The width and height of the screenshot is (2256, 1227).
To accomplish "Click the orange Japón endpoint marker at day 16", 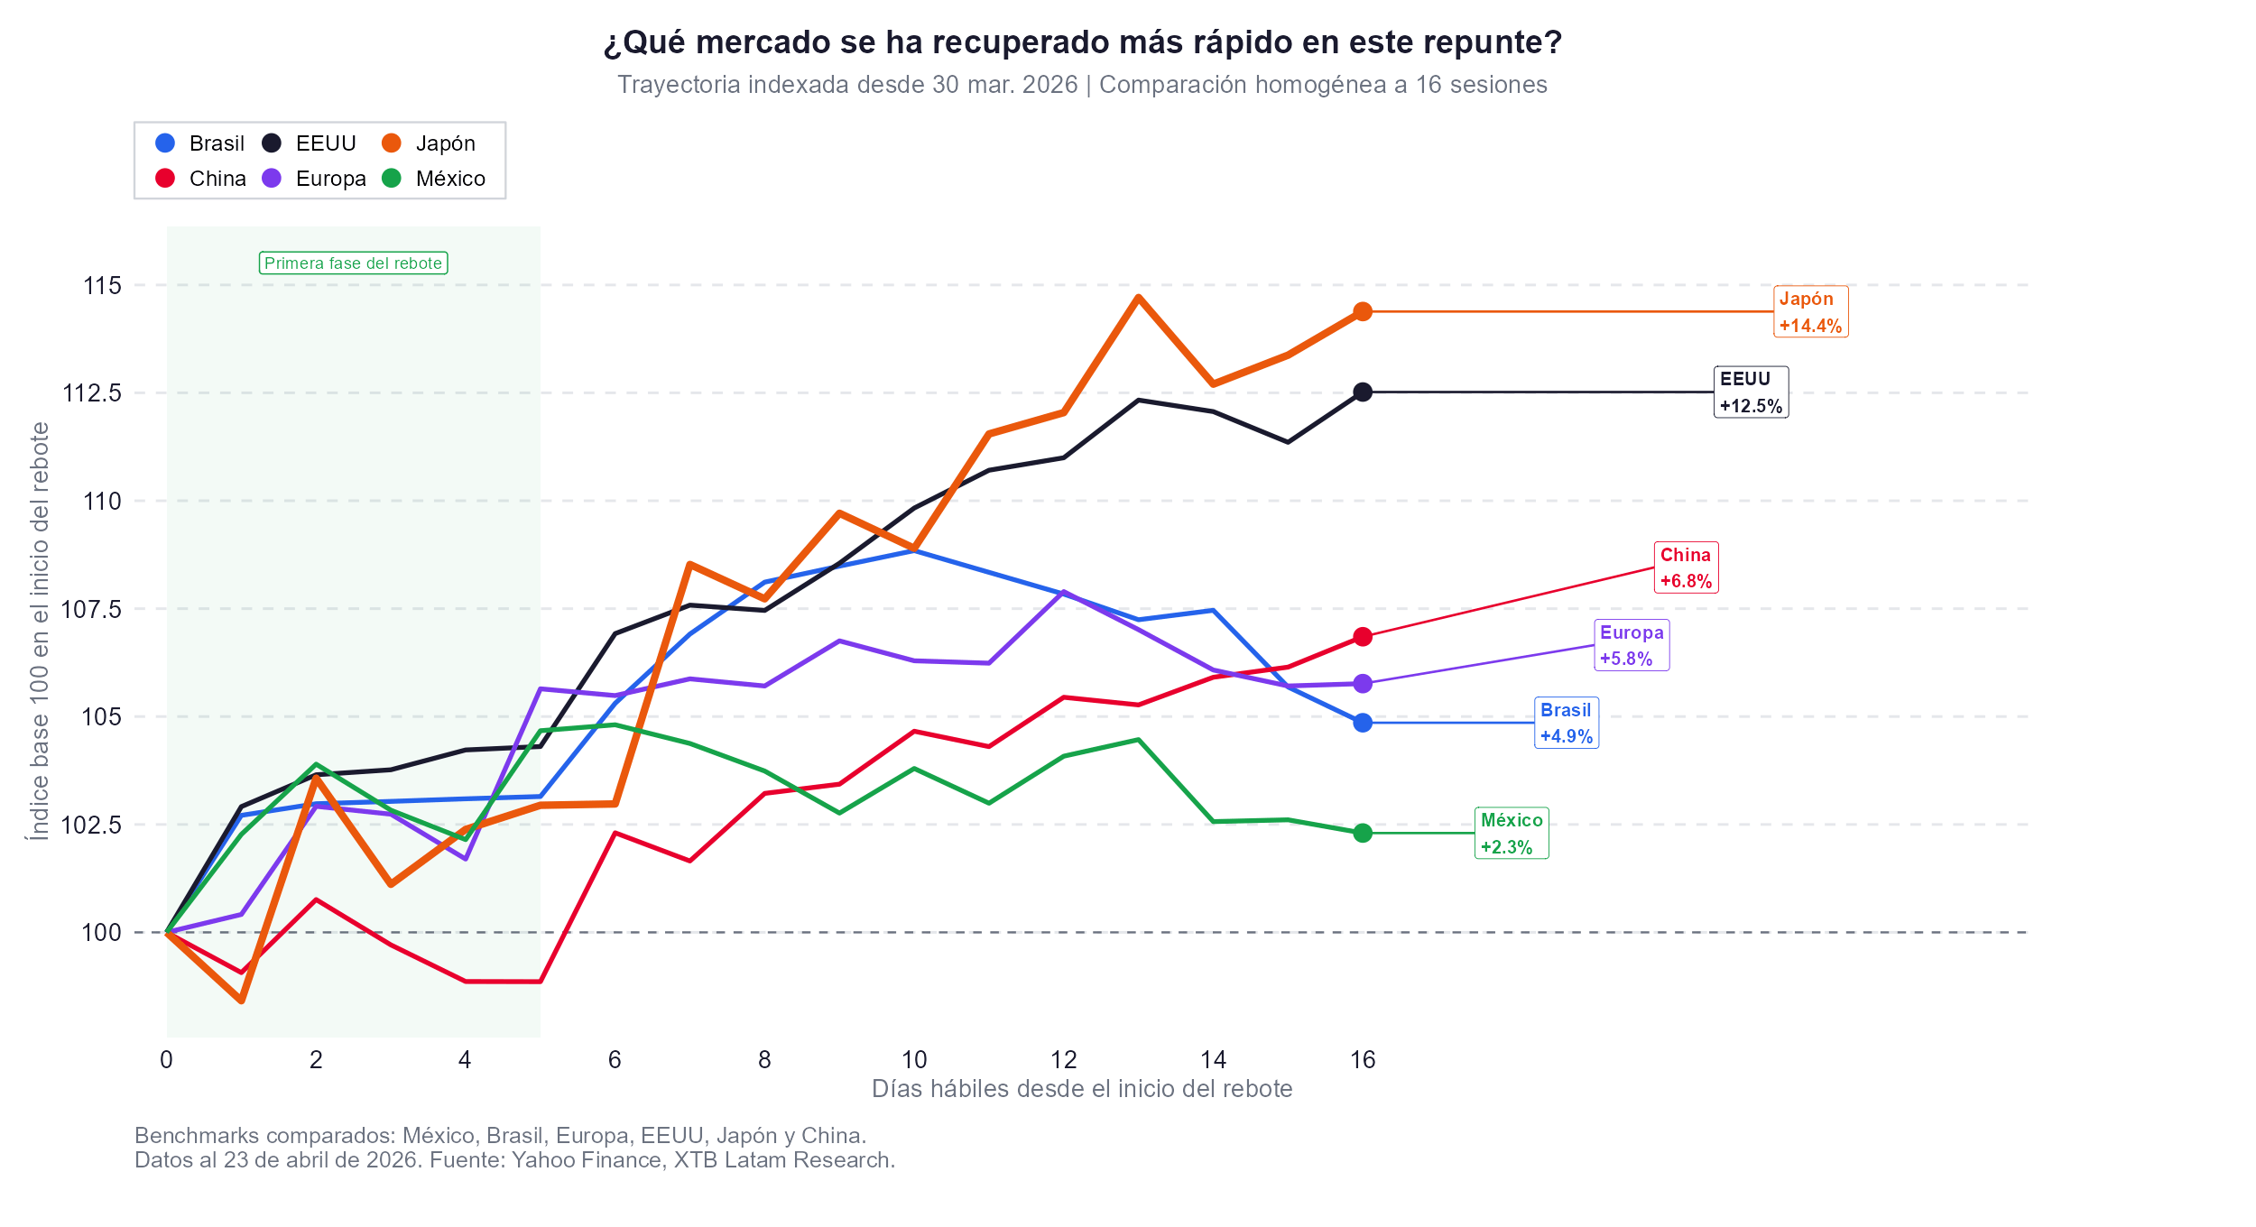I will point(1363,311).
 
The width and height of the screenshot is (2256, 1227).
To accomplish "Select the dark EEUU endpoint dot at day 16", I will point(1363,392).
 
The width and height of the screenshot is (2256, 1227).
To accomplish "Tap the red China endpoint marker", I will point(1363,637).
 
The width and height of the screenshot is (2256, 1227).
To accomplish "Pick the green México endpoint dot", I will point(1363,833).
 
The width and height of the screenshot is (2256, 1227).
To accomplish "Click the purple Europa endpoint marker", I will point(1363,684).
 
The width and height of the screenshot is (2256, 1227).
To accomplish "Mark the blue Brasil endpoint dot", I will point(1363,723).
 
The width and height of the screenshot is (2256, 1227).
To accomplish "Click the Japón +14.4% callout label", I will point(1810,311).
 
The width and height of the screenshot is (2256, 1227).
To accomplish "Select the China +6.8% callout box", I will point(1686,567).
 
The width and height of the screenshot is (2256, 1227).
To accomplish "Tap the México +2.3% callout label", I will point(1512,833).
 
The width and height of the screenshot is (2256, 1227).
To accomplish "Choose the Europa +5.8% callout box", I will point(1632,645).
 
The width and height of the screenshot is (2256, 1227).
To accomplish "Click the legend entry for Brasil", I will point(216,143).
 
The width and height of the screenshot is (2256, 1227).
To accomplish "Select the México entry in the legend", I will point(449,179).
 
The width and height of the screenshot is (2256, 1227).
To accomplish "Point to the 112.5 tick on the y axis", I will point(91,393).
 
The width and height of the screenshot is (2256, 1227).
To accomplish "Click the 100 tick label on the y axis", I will point(101,933).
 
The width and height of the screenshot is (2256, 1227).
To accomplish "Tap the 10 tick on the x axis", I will point(914,1059).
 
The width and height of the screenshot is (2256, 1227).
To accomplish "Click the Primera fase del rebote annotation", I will point(353,263).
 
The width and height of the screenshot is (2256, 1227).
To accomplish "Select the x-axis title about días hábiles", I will point(1081,1089).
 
